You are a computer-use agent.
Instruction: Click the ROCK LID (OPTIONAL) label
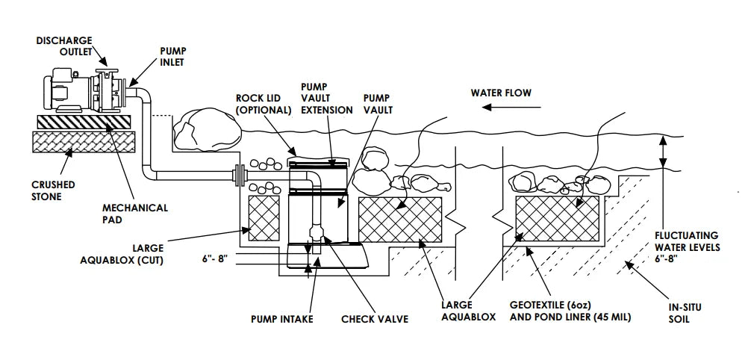pyautogui.click(x=263, y=104)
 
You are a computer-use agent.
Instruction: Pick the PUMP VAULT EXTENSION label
pyautogui.click(x=326, y=99)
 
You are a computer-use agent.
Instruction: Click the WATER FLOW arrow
pyautogui.click(x=502, y=108)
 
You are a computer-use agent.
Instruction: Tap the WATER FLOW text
pyautogui.click(x=500, y=93)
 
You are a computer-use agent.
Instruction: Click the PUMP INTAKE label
pyautogui.click(x=281, y=319)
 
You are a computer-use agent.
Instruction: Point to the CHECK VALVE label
pyautogui.click(x=374, y=319)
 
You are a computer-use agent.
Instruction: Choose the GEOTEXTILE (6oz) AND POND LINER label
pyautogui.click(x=570, y=311)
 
